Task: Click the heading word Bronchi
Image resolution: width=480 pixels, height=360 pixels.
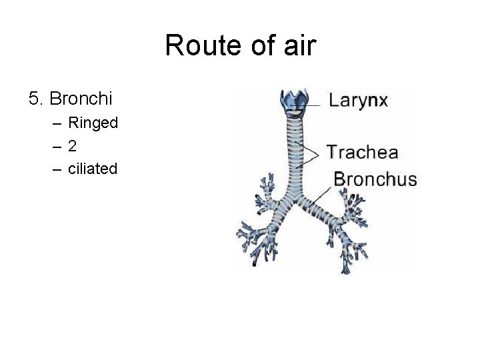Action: tap(81, 99)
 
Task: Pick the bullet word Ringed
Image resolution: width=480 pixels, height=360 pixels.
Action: tap(93, 123)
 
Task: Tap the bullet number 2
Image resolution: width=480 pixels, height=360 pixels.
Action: tap(71, 146)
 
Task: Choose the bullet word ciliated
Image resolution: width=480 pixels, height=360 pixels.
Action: tap(93, 169)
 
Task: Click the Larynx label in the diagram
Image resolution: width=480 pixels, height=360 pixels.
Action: tap(358, 101)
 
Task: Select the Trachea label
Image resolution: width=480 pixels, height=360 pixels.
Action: tap(362, 152)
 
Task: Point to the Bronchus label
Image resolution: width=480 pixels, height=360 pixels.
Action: tap(375, 179)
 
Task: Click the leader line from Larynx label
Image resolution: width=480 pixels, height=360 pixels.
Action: tap(317, 102)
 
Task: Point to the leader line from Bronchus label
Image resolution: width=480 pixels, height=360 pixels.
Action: tap(322, 194)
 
